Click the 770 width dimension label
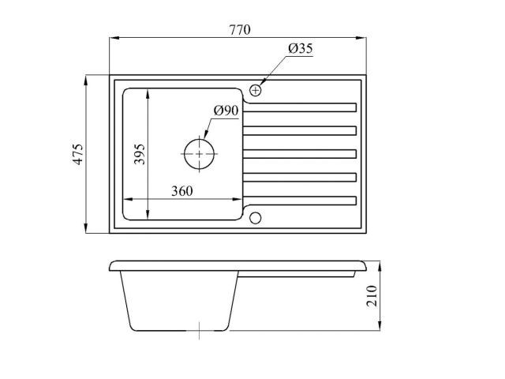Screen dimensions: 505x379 point(240,30)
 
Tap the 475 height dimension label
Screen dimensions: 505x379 point(78,154)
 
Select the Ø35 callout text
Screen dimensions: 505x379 point(301,48)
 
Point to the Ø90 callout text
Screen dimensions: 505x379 point(226,111)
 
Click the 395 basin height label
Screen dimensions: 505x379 point(140,154)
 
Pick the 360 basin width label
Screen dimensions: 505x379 point(182,191)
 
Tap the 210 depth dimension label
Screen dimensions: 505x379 point(372,296)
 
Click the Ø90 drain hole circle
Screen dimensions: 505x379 point(199,154)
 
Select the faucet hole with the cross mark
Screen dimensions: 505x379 point(256,90)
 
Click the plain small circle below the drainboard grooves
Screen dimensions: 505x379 point(256,218)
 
